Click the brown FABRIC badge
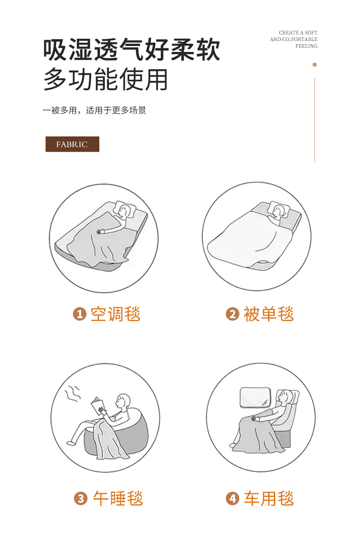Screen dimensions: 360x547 (x=72, y=144)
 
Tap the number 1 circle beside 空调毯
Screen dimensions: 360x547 (x=80, y=314)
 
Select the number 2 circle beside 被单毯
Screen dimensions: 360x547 (x=232, y=314)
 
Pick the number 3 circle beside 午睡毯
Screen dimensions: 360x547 (x=81, y=499)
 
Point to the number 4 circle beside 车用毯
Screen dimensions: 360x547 (x=233, y=499)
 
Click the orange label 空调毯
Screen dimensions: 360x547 (x=115, y=314)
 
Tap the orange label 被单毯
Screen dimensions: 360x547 (x=268, y=314)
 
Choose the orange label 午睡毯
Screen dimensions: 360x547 (x=118, y=499)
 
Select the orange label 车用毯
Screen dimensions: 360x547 (x=268, y=499)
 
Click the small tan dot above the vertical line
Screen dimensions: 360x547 (x=314, y=65)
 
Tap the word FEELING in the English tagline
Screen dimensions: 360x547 (x=307, y=46)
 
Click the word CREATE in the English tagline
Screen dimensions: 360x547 (x=289, y=33)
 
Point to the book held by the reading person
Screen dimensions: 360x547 (x=98, y=406)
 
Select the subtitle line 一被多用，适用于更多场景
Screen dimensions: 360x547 (x=94, y=110)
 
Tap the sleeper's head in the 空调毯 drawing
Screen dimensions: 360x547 (x=123, y=210)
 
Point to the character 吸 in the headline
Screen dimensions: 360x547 (x=55, y=50)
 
